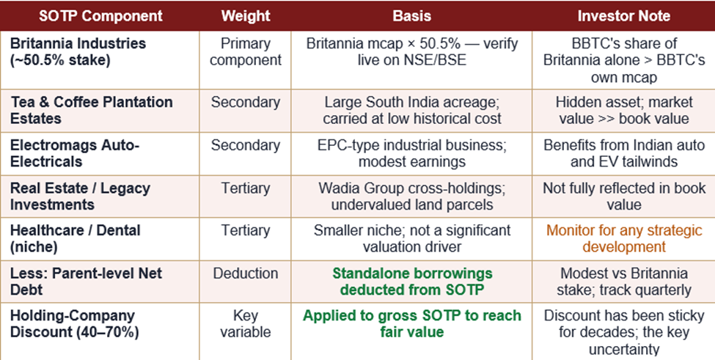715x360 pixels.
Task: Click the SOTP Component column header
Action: (x=100, y=16)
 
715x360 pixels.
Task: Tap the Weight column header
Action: (x=246, y=16)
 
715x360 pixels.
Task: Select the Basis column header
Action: (x=411, y=16)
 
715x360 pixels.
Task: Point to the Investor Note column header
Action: (x=624, y=16)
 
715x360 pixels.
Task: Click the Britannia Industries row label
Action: (x=78, y=51)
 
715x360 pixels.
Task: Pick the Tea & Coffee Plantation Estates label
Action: (x=91, y=110)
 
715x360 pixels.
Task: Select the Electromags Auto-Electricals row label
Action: (x=75, y=153)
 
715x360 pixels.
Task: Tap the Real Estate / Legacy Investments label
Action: (x=80, y=196)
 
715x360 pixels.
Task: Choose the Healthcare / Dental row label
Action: (x=76, y=238)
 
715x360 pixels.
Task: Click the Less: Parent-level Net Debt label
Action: (x=87, y=281)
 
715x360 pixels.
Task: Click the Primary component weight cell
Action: (x=246, y=51)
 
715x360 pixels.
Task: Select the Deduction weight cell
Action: (x=246, y=273)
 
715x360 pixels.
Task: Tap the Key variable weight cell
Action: (x=246, y=323)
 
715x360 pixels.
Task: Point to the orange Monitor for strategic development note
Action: (x=624, y=238)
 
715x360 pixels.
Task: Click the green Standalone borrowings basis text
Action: (x=411, y=281)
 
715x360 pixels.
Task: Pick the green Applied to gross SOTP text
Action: (x=411, y=323)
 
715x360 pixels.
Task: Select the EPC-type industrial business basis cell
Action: (x=411, y=153)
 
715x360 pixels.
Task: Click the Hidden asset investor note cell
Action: (x=624, y=110)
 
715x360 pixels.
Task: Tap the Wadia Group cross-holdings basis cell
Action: (x=411, y=196)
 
